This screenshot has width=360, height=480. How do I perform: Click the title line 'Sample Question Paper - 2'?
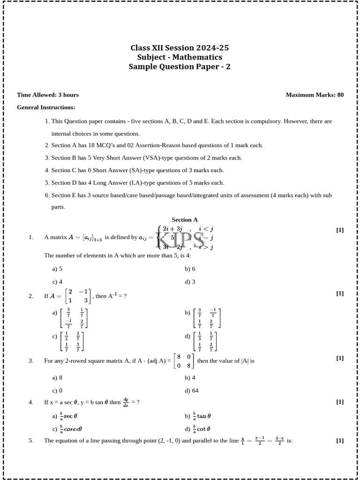[180, 67]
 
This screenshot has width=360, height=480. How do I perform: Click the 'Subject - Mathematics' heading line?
[180, 57]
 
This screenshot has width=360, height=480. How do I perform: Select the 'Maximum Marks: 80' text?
[315, 95]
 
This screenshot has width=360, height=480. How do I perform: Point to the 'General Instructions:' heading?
[46, 107]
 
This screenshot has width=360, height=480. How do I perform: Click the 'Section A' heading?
[185, 219]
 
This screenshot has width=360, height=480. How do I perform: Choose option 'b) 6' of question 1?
[190, 269]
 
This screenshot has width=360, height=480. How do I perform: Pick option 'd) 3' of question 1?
[190, 282]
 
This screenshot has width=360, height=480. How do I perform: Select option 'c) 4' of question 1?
[57, 282]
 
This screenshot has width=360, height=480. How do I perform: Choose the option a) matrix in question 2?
[74, 318]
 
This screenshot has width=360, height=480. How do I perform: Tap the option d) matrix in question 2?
[207, 341]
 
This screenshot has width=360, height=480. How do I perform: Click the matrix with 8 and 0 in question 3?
[184, 361]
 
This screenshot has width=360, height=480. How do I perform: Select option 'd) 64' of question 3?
[191, 390]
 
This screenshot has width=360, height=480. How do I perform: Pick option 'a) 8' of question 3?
[57, 377]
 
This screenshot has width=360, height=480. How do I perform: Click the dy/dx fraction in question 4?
[126, 402]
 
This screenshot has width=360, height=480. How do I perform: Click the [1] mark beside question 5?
[340, 440]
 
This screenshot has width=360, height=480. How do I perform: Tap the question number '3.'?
[31, 360]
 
